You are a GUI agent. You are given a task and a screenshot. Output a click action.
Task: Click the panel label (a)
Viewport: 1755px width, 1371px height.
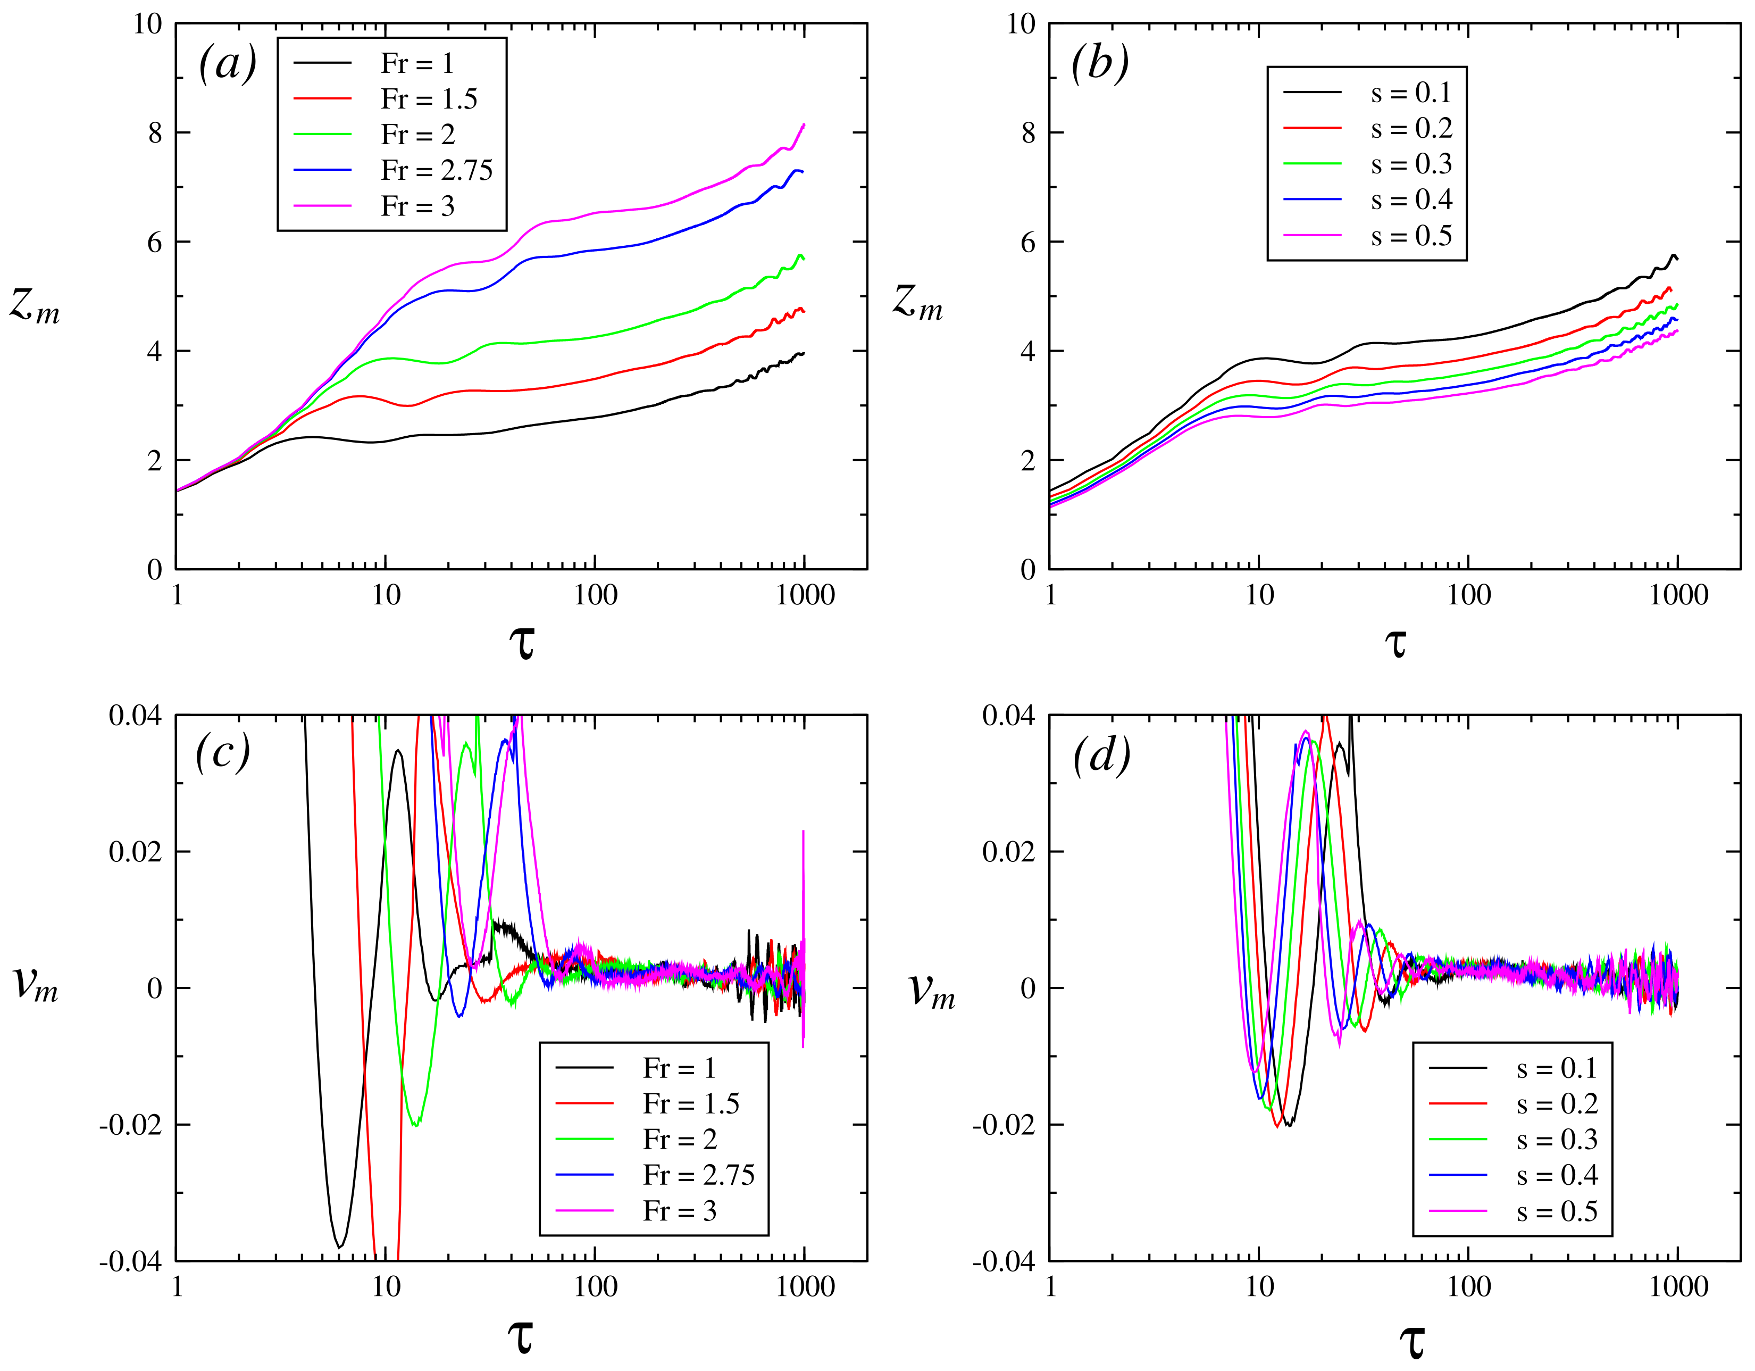(228, 63)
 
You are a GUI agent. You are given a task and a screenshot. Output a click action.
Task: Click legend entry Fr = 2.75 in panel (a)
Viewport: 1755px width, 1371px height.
(436, 170)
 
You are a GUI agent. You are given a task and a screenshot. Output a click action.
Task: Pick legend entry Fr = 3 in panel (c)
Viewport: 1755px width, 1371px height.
(679, 1210)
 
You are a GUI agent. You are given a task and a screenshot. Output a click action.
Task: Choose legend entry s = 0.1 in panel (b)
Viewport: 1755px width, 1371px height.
(1410, 93)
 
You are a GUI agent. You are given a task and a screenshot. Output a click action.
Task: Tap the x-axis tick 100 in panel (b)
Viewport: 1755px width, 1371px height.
(1468, 595)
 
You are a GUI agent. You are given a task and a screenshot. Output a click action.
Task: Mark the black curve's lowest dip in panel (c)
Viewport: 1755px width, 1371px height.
(340, 1247)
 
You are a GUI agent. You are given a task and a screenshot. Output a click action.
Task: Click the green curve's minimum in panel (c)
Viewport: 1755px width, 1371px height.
(415, 1125)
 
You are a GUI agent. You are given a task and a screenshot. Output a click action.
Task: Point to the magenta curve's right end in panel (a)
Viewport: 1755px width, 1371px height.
(804, 124)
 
